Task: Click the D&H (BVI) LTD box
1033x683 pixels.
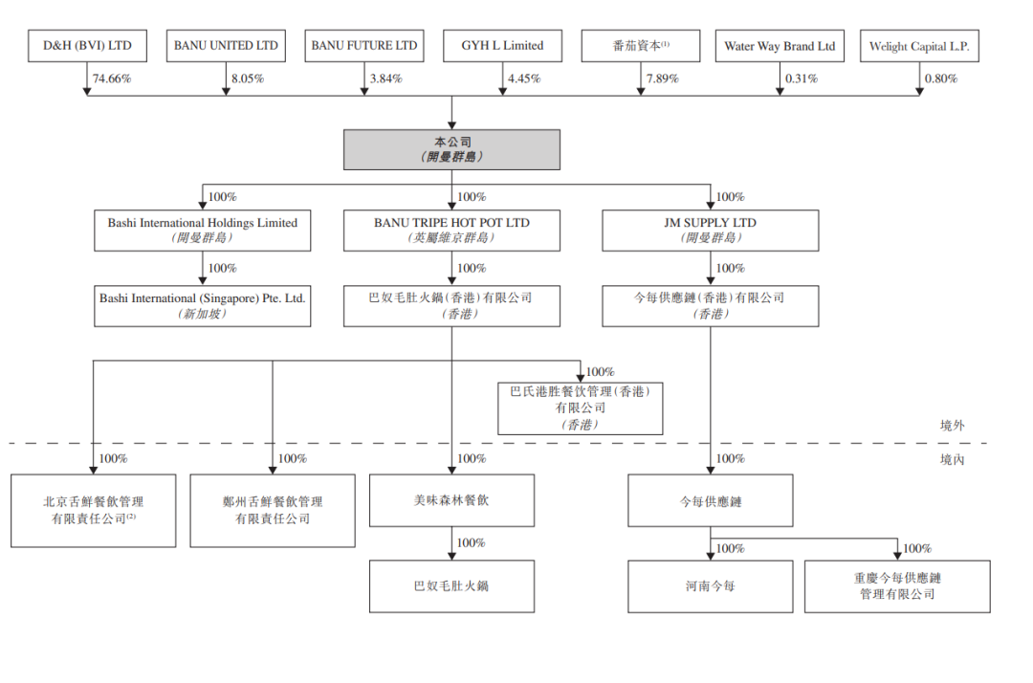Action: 87,46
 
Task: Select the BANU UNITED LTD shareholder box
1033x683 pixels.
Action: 226,46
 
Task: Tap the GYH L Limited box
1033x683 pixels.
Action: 502,46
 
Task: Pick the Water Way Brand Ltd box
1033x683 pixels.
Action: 779,46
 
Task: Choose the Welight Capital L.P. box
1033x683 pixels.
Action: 920,46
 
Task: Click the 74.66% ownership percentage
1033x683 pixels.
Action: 112,78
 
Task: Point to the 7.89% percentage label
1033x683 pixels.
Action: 662,78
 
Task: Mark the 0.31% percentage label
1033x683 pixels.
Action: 801,78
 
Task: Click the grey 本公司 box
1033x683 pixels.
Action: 452,149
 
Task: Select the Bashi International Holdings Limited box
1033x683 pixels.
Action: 203,231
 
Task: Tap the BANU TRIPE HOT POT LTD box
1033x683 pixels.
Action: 452,231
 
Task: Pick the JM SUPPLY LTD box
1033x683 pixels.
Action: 711,231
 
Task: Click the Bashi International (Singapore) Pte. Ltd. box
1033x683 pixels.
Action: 203,305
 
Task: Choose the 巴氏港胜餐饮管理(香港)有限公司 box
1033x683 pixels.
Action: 580,408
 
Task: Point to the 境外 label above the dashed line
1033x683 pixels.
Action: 953,426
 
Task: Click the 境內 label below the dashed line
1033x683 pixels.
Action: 953,460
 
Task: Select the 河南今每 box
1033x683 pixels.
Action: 711,585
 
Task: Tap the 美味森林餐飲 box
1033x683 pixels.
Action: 452,499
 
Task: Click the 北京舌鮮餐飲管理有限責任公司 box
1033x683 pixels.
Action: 94,510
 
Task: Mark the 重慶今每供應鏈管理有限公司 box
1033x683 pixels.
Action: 897,585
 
